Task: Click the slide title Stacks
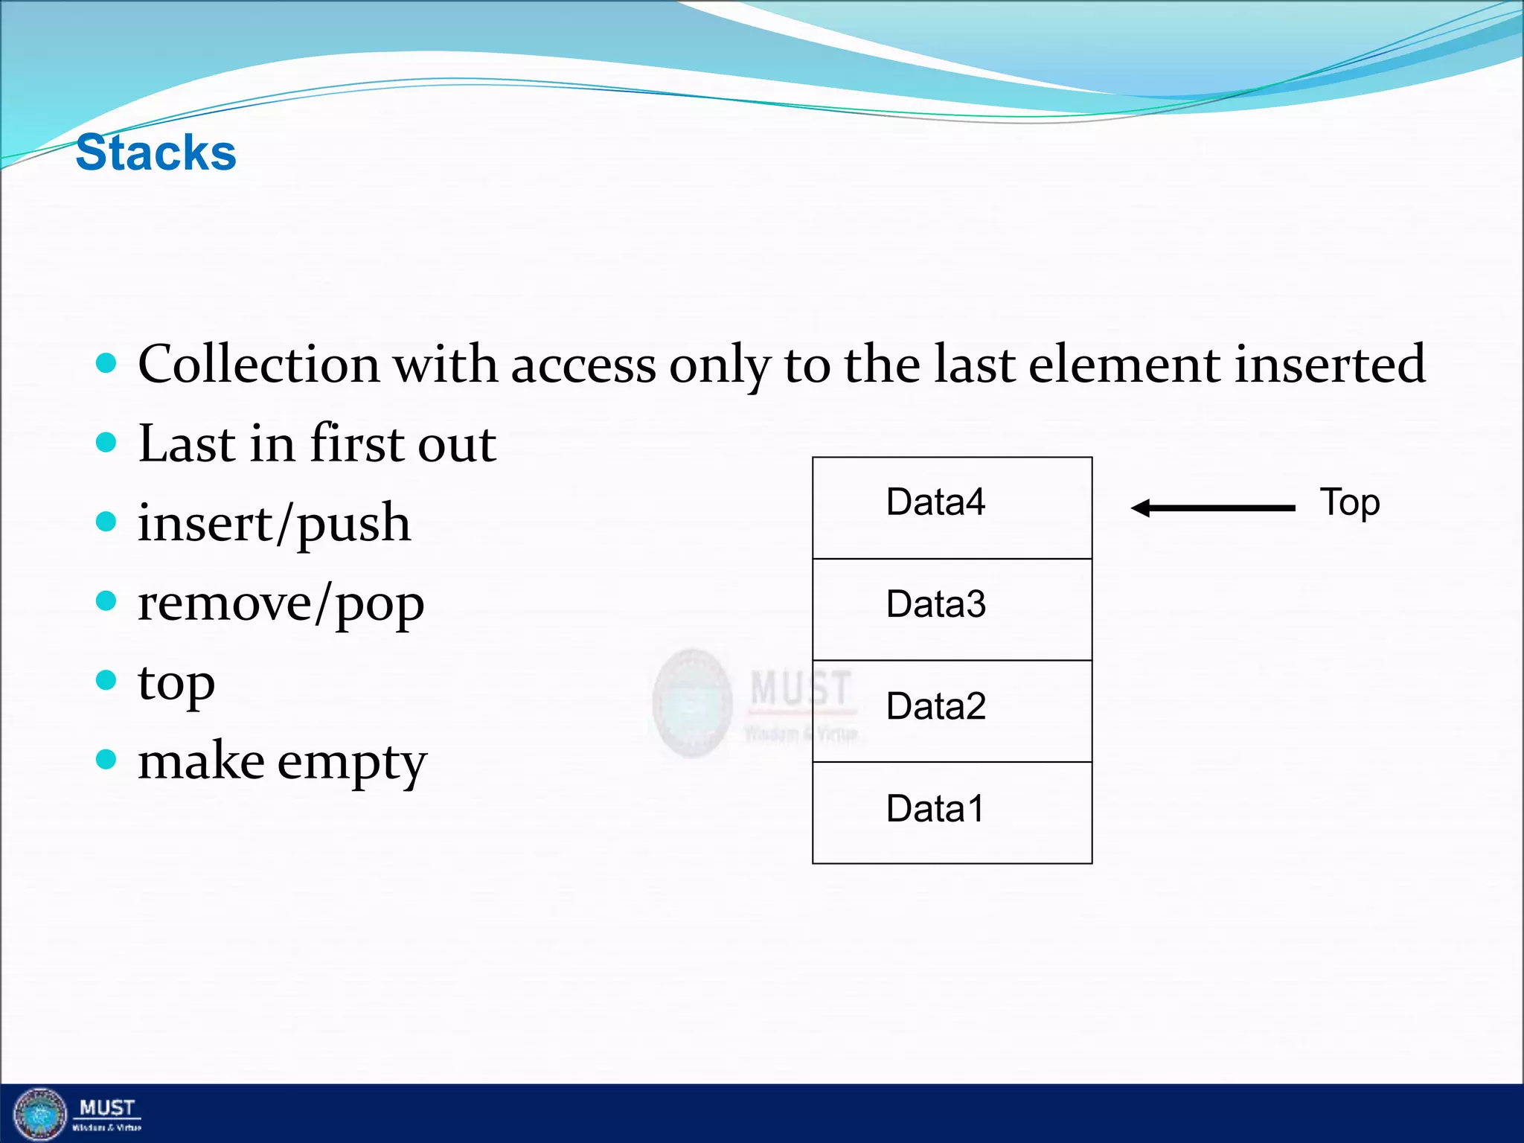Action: tap(156, 153)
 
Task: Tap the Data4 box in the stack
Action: tap(952, 508)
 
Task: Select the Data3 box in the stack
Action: tap(952, 609)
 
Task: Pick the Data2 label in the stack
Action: tap(935, 706)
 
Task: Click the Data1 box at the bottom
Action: tap(952, 813)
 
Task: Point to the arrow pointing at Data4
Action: tap(1213, 508)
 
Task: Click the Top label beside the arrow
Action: tap(1349, 503)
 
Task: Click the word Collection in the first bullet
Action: tap(259, 365)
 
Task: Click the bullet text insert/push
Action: tap(274, 524)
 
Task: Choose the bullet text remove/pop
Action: tap(281, 603)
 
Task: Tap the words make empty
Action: tap(282, 763)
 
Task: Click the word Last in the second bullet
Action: tap(187, 444)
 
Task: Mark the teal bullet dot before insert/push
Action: tap(106, 522)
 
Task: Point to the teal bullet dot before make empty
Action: tap(106, 760)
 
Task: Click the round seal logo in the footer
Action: tap(40, 1114)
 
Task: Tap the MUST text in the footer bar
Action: tap(107, 1108)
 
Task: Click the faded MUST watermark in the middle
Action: tap(800, 688)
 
